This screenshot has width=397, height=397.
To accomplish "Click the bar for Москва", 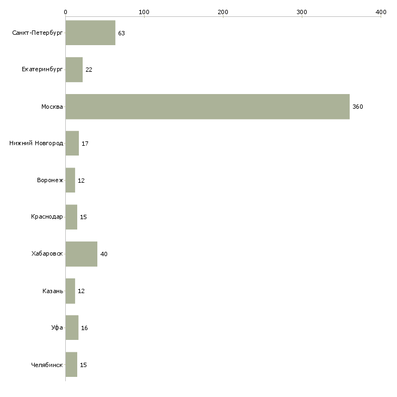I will click(207, 107).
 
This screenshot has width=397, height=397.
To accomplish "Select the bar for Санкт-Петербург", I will click(90, 33).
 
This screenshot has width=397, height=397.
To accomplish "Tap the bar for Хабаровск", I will click(82, 254).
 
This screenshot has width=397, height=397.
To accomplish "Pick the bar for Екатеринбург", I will click(74, 70).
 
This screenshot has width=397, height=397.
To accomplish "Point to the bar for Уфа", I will click(72, 328).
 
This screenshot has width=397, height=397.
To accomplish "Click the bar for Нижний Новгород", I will click(72, 144).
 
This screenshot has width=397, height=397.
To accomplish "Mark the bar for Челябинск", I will click(71, 364).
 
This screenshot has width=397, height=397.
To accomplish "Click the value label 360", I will click(357, 107).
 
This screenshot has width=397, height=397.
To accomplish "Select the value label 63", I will click(121, 33).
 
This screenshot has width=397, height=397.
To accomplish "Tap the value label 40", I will click(104, 254).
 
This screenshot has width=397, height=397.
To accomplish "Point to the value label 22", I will click(89, 70).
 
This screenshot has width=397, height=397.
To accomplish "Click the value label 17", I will click(85, 144).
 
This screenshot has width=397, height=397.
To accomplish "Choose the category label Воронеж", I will click(50, 181).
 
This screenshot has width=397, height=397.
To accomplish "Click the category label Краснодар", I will click(47, 217).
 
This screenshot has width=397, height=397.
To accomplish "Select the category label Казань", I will click(53, 291).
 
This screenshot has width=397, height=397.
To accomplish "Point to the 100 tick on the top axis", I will click(144, 11).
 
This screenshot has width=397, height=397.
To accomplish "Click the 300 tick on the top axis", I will click(302, 11).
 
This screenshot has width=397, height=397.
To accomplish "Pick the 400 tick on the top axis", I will click(381, 11).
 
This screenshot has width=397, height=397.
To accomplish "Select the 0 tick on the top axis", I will click(65, 11).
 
